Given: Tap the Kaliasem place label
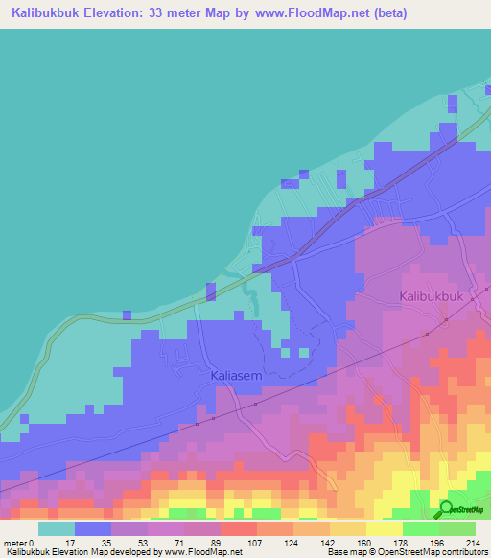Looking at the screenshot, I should [236, 377].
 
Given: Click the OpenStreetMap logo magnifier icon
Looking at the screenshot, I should [447, 508].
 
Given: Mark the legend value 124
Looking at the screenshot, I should [292, 543].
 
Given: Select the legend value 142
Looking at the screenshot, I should [329, 543].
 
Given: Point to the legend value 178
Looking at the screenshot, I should [402, 543].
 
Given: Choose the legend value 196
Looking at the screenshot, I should [438, 543].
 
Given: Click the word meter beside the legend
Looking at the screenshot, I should [15, 543].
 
